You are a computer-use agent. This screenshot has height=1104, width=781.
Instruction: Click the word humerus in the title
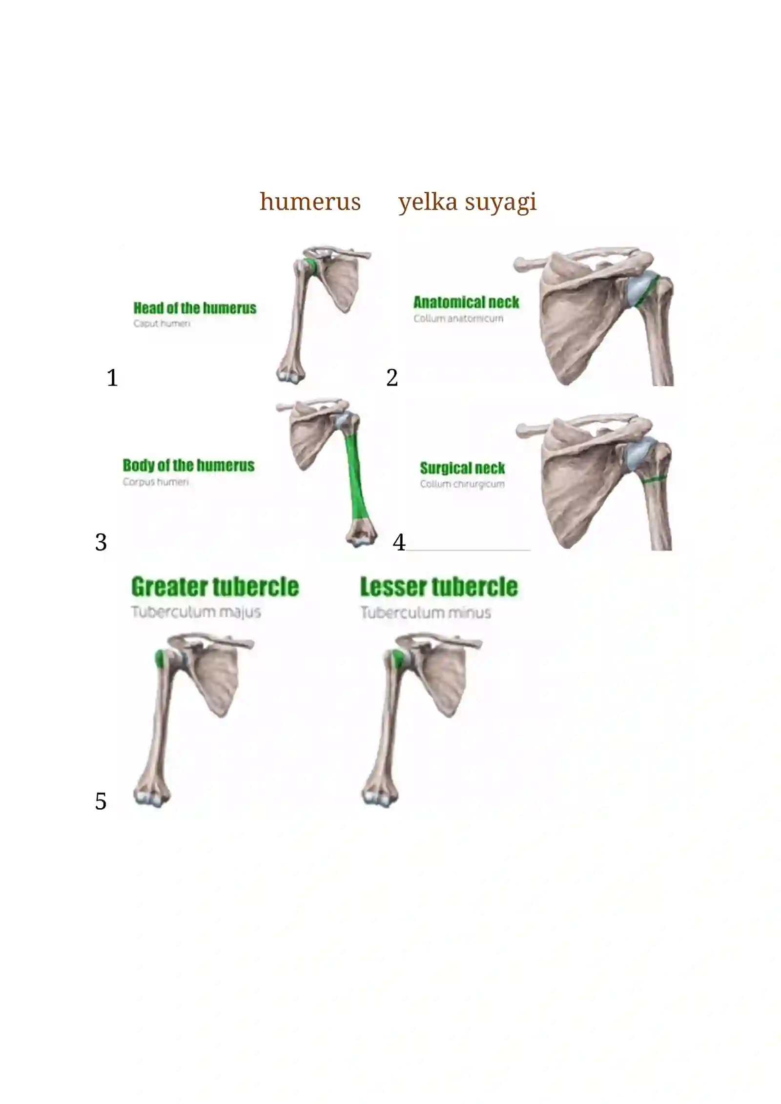(x=310, y=202)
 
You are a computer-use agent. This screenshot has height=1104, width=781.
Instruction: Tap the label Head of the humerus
(x=195, y=308)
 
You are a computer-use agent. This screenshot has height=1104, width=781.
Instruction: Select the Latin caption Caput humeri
(x=162, y=324)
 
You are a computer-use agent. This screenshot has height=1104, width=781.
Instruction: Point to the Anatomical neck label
(x=466, y=303)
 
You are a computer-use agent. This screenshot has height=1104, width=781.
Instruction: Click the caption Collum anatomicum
(x=458, y=319)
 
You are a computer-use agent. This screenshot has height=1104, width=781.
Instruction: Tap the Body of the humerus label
(x=188, y=466)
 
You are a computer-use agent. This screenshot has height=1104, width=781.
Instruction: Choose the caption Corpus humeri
(x=156, y=482)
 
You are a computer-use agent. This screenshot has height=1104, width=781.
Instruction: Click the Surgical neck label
(x=462, y=469)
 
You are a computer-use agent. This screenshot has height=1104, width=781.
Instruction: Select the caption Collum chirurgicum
(x=462, y=484)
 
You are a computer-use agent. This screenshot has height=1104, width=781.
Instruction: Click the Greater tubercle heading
(x=215, y=587)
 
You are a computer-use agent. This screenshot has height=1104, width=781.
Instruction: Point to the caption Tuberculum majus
(x=196, y=612)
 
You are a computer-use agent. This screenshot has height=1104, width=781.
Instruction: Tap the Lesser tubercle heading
(x=439, y=587)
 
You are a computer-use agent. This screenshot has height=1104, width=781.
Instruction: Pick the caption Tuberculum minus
(x=426, y=613)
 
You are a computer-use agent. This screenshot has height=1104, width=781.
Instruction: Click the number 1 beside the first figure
(x=112, y=378)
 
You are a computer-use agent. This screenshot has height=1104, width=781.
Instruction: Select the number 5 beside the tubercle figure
(x=101, y=801)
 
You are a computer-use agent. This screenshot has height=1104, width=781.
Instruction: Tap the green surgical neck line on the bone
(x=655, y=479)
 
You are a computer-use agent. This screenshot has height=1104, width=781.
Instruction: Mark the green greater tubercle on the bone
(x=159, y=659)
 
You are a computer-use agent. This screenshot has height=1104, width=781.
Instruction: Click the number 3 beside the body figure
(x=101, y=542)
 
